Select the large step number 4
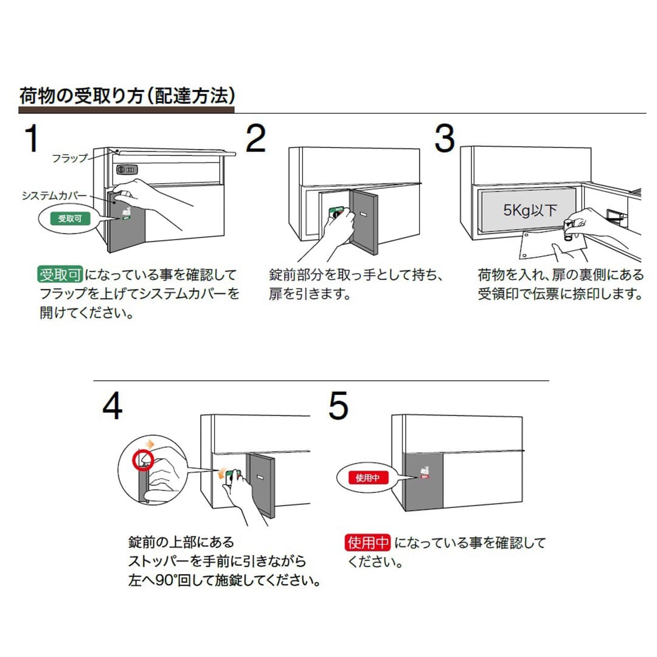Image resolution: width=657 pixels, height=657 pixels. tap(113, 407)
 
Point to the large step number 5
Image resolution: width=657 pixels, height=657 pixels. tap(338, 406)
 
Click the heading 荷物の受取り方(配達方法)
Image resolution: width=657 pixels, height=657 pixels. tap(127, 96)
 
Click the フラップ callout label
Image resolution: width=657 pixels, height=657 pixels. tap(69, 158)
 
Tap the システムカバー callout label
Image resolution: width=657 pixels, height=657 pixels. tap(50, 196)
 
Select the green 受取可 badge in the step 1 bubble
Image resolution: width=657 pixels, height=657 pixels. tap(69, 218)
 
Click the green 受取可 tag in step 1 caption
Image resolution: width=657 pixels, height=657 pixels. tap(60, 275)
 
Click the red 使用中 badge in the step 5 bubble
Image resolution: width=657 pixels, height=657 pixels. tap(367, 478)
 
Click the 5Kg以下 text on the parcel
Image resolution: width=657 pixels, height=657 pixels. tap(530, 210)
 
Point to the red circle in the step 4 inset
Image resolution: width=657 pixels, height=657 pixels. tap(144, 461)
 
